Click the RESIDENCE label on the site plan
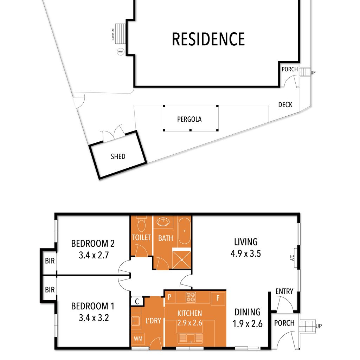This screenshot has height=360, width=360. coord(208,39)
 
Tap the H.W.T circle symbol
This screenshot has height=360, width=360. coord(121,52)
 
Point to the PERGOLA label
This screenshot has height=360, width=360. coord(189,119)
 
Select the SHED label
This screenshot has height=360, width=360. coord(118,156)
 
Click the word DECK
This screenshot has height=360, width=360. coord(285,105)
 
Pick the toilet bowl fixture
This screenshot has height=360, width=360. coord(141,224)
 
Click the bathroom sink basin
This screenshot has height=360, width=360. coord(163,222)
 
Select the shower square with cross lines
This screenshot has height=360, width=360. coord(181,260)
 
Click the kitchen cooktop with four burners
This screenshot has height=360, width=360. coord(191,297)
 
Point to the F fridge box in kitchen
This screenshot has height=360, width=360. coord(218,298)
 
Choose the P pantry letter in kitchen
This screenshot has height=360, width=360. coord(169,297)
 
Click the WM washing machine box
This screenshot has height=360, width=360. coord(138,339)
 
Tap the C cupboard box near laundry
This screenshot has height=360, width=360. coord(137,301)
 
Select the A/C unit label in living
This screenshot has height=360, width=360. coord(292,258)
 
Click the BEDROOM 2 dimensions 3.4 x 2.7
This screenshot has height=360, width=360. coord(94,255)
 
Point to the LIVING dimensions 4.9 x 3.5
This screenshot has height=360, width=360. coord(246,254)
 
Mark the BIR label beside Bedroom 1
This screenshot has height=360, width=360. coord(50,290)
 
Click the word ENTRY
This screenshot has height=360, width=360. coord(284,291)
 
